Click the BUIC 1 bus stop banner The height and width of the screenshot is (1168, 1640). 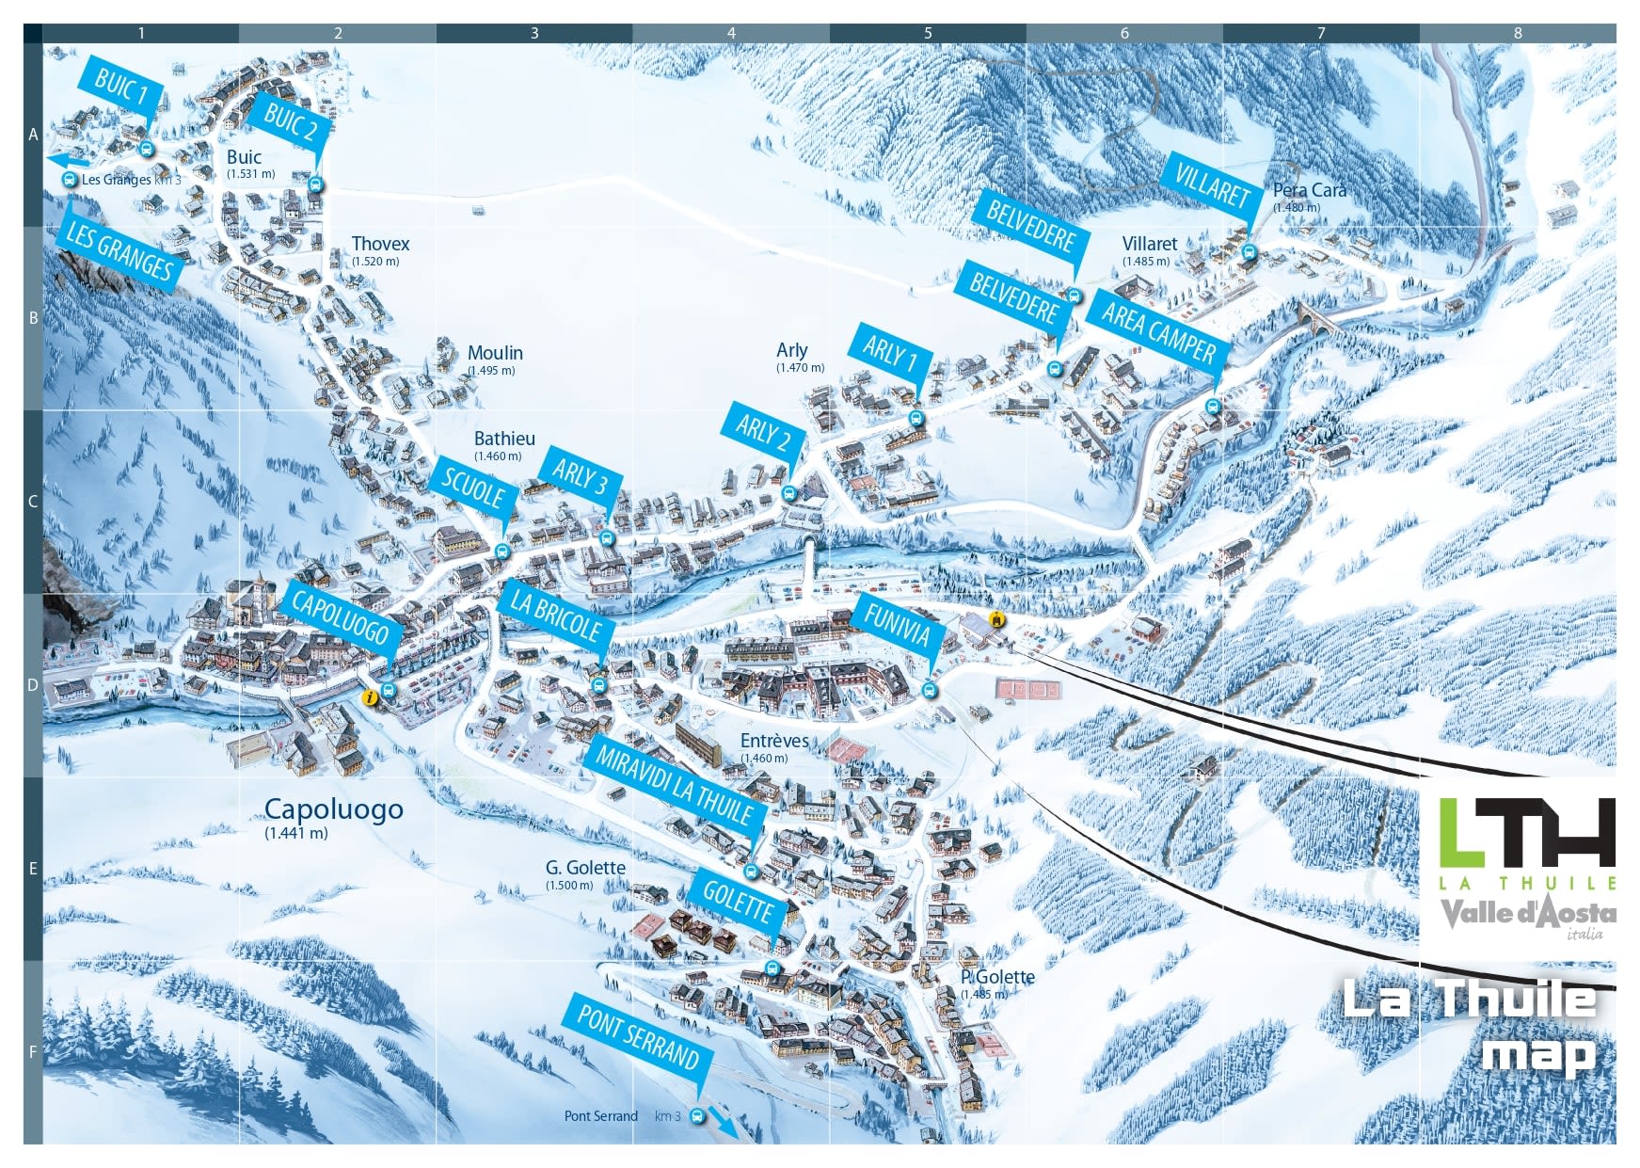pyautogui.click(x=122, y=88)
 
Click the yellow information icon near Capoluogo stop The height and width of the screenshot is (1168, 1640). pyautogui.click(x=371, y=697)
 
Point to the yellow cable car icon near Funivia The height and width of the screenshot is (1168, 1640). pyautogui.click(x=995, y=619)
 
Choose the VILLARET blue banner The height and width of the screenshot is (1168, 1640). pyautogui.click(x=1212, y=185)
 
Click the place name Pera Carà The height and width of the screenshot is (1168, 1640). pyautogui.click(x=1309, y=190)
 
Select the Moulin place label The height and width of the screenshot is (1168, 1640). pyautogui.click(x=495, y=353)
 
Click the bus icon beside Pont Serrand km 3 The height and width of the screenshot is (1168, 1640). pyautogui.click(x=697, y=1116)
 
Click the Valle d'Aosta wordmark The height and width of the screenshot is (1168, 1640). pyautogui.click(x=1528, y=914)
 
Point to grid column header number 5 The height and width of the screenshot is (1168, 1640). pyautogui.click(x=928, y=33)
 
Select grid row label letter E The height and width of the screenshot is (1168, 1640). pyautogui.click(x=33, y=868)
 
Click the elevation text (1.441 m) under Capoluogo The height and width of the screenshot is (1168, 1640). pyautogui.click(x=296, y=833)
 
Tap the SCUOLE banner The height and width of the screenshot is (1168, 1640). pyautogui.click(x=473, y=489)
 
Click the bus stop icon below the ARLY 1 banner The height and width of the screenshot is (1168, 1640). pyautogui.click(x=916, y=418)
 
